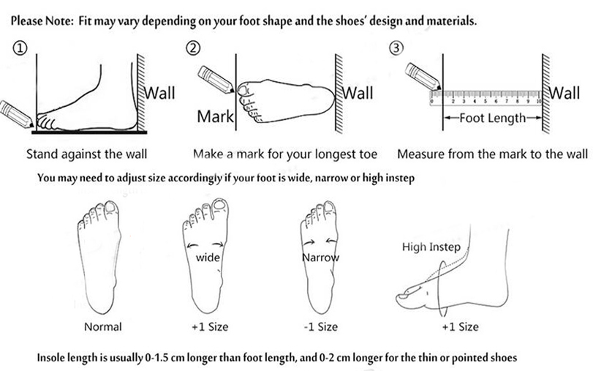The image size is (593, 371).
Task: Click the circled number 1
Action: click(x=20, y=48)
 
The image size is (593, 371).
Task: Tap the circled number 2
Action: click(x=193, y=48)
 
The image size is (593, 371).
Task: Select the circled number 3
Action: click(x=396, y=48)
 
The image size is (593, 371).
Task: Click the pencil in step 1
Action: click(x=16, y=114)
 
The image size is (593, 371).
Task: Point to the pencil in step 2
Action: click(x=215, y=80)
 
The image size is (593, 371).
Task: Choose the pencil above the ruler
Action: click(x=422, y=77)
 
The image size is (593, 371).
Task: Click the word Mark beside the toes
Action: click(x=215, y=116)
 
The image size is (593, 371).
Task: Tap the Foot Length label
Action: click(x=492, y=118)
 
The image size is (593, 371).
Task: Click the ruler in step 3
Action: click(x=486, y=97)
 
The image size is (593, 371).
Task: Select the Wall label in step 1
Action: click(x=160, y=93)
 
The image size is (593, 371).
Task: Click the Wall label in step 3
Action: click(x=564, y=93)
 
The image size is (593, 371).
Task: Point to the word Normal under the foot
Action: click(x=103, y=326)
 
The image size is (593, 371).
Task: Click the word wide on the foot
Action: click(x=208, y=258)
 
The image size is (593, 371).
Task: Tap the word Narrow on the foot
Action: click(x=321, y=258)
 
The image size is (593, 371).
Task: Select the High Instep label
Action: click(x=431, y=247)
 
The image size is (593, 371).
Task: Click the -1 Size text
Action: click(x=321, y=326)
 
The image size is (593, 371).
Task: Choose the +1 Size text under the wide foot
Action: click(x=210, y=326)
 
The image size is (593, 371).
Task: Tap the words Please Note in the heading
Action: click(x=42, y=20)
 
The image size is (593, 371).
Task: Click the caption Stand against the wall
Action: click(x=86, y=154)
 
